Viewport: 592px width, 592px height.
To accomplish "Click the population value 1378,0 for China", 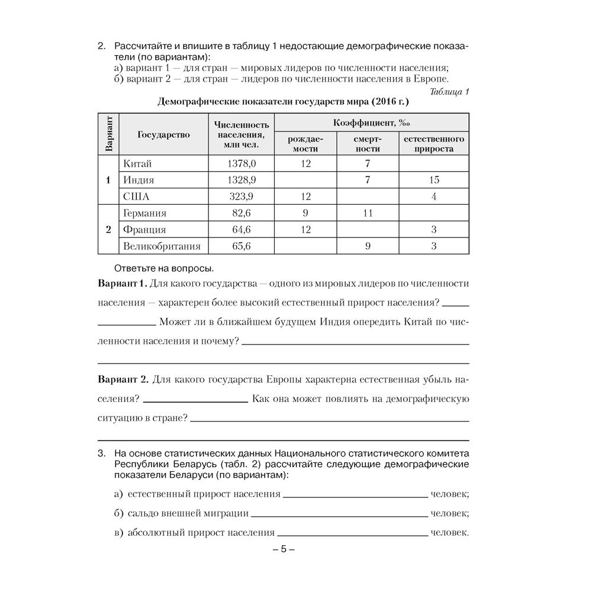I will pyautogui.click(x=242, y=163).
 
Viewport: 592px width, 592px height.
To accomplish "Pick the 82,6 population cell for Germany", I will pyautogui.click(x=242, y=213).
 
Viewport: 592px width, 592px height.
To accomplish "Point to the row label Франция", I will pyautogui.click(x=143, y=230).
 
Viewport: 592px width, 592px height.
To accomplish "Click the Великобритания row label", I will pyautogui.click(x=161, y=246).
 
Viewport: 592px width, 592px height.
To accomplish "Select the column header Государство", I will pyautogui.click(x=164, y=134).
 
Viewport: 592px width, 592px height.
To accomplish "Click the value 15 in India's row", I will pyautogui.click(x=434, y=180).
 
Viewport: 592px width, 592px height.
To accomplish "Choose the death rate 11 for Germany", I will pyautogui.click(x=368, y=213).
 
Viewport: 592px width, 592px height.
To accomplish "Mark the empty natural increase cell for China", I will pyautogui.click(x=434, y=163).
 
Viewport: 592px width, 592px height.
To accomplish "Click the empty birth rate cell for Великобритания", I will pyautogui.click(x=305, y=246).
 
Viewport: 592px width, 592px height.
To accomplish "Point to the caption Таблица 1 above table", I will pyautogui.click(x=449, y=91).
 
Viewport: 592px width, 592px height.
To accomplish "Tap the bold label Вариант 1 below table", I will pyautogui.click(x=122, y=284).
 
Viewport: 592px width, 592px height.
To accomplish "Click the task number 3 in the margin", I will pyautogui.click(x=101, y=454).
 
